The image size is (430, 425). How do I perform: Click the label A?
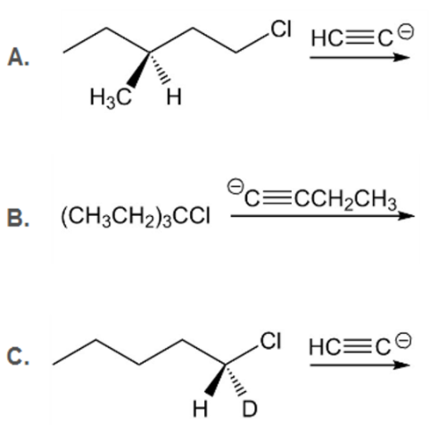(x=19, y=57)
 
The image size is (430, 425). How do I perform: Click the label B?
(x=19, y=218)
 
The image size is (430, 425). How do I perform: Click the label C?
(x=19, y=356)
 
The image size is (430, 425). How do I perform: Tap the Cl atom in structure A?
(x=281, y=29)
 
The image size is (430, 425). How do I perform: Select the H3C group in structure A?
(x=111, y=97)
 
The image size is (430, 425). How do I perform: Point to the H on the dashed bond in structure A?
(x=174, y=97)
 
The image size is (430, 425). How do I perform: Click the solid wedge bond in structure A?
(x=139, y=70)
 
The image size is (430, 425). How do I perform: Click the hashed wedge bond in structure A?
(x=160, y=68)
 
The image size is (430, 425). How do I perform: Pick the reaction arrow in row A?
(x=360, y=57)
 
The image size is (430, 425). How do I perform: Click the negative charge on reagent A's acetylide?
(x=406, y=32)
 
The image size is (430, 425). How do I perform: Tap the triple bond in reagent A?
(x=360, y=39)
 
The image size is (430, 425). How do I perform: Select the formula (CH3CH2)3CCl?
(x=136, y=217)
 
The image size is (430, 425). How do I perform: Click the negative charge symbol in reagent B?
(x=236, y=187)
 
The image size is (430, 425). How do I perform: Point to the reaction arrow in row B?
(x=323, y=216)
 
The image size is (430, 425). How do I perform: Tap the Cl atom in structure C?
(x=271, y=341)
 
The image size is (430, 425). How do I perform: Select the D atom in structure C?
(x=249, y=409)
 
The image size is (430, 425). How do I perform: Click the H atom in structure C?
(x=200, y=409)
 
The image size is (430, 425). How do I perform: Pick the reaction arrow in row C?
(x=360, y=365)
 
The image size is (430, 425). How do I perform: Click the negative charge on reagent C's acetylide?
(x=404, y=340)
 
